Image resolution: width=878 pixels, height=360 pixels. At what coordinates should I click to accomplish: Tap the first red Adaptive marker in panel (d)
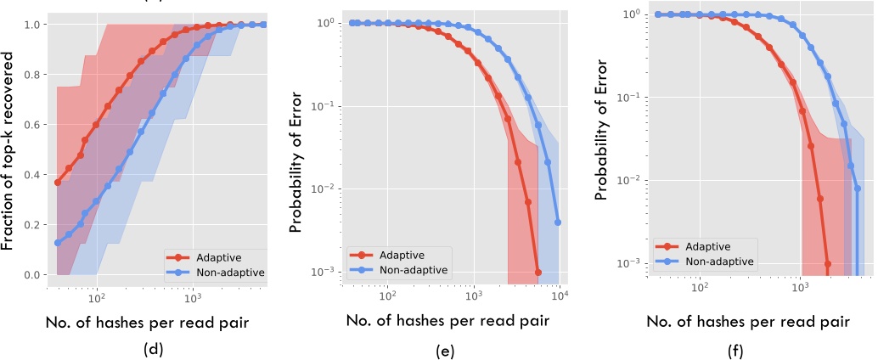[57, 183]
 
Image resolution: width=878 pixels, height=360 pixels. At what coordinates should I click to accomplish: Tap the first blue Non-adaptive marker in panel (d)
[57, 243]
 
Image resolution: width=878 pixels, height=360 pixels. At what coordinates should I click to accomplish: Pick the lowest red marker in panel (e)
[538, 273]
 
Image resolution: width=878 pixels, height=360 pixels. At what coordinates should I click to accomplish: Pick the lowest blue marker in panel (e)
[558, 222]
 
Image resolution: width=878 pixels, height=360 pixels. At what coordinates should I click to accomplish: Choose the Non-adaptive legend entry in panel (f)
[711, 262]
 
